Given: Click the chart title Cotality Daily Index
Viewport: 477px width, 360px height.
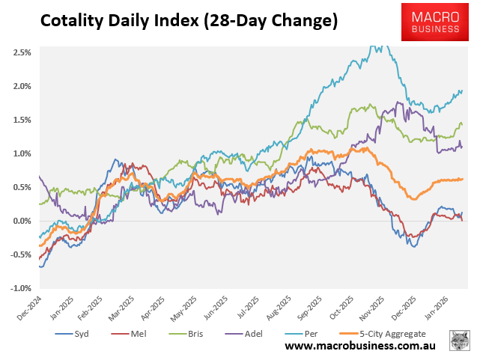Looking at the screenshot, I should click(188, 21).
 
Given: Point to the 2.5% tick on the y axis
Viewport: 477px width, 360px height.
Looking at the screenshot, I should click(21, 52).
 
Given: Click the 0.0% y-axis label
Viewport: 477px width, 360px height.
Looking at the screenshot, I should click(21, 221).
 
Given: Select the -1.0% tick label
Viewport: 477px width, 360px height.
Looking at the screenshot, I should click(20, 288).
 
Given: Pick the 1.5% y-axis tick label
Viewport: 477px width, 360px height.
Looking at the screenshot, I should click(21, 120).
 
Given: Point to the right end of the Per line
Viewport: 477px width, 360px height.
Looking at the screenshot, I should click(462, 91).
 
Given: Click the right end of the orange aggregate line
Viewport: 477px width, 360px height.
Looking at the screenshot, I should click(463, 179).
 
